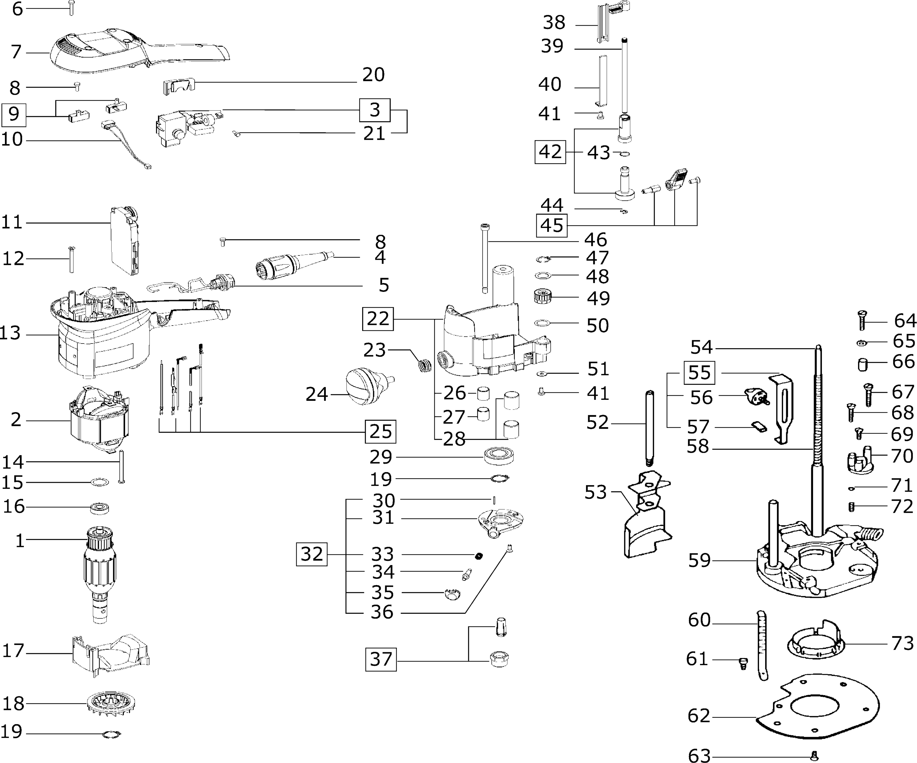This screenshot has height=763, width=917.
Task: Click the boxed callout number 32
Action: pyautogui.click(x=311, y=554)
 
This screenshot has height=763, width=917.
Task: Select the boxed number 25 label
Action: pyautogui.click(x=380, y=431)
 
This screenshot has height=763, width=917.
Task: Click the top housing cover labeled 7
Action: pyautogui.click(x=131, y=52)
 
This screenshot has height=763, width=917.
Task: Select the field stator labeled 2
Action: pyautogui.click(x=100, y=419)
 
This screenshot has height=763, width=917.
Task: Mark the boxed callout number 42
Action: pyautogui.click(x=550, y=152)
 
